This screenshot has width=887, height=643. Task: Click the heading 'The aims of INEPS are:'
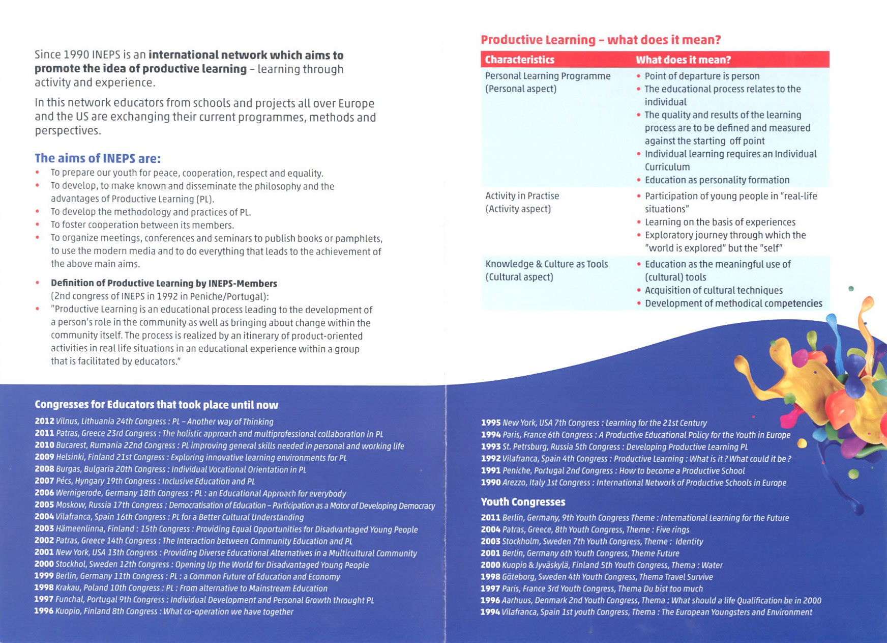(x=98, y=158)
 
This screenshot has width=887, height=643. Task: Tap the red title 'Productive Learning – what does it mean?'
(x=601, y=40)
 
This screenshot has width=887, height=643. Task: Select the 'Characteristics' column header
(x=519, y=60)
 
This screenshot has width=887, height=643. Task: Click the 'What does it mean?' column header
(x=683, y=60)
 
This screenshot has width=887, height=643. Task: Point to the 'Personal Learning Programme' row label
(x=547, y=76)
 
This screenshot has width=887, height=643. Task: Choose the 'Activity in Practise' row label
(x=522, y=196)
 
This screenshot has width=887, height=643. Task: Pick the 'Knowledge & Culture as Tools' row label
(x=546, y=264)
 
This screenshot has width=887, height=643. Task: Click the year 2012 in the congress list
(x=44, y=422)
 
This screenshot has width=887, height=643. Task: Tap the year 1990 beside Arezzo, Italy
(x=491, y=483)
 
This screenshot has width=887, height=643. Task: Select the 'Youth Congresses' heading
(x=523, y=502)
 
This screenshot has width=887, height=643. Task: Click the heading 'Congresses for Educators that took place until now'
(x=156, y=405)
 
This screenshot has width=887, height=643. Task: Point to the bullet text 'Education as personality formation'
(x=717, y=180)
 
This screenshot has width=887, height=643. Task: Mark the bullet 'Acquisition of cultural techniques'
(x=713, y=290)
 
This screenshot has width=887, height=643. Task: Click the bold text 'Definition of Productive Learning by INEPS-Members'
(x=164, y=283)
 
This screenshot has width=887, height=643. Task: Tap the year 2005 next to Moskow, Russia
(x=44, y=505)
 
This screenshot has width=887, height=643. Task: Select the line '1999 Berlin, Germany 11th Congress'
(x=187, y=576)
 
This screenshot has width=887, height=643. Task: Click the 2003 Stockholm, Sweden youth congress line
(x=592, y=542)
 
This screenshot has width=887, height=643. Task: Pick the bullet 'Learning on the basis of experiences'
(x=720, y=222)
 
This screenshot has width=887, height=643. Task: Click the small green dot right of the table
(x=851, y=289)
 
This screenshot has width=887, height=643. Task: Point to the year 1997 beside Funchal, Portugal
(x=44, y=600)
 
